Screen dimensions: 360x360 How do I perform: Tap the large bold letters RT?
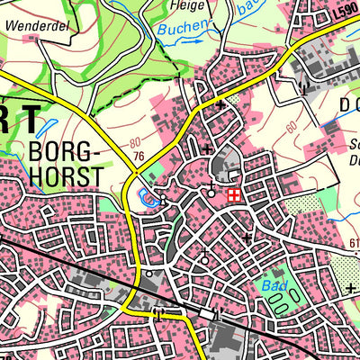20,119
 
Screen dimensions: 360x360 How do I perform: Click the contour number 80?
135,143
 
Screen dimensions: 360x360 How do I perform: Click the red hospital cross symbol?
233,193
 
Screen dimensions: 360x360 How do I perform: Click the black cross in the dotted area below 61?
350,288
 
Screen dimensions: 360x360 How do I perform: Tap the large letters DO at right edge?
346,103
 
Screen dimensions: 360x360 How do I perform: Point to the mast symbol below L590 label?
304,89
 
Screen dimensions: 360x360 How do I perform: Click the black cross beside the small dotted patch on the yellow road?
221,105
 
